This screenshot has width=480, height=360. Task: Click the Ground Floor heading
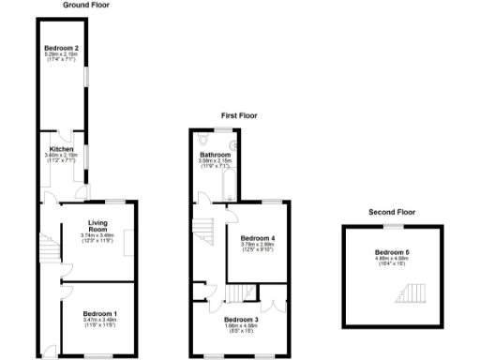(x=85, y=5)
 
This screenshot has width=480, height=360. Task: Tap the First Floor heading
(x=239, y=116)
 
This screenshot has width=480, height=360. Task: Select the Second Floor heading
(x=391, y=213)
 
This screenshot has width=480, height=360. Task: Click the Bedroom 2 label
(x=62, y=48)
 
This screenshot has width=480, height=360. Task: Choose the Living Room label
(x=98, y=226)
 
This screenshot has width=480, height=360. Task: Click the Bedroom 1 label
(x=98, y=312)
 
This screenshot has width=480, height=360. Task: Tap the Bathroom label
(x=215, y=155)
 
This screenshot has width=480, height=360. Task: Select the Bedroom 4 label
(x=257, y=238)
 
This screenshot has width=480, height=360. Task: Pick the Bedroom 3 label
(x=241, y=320)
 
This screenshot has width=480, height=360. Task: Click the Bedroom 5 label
(x=391, y=252)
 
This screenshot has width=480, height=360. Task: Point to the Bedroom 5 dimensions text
(x=391, y=261)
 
